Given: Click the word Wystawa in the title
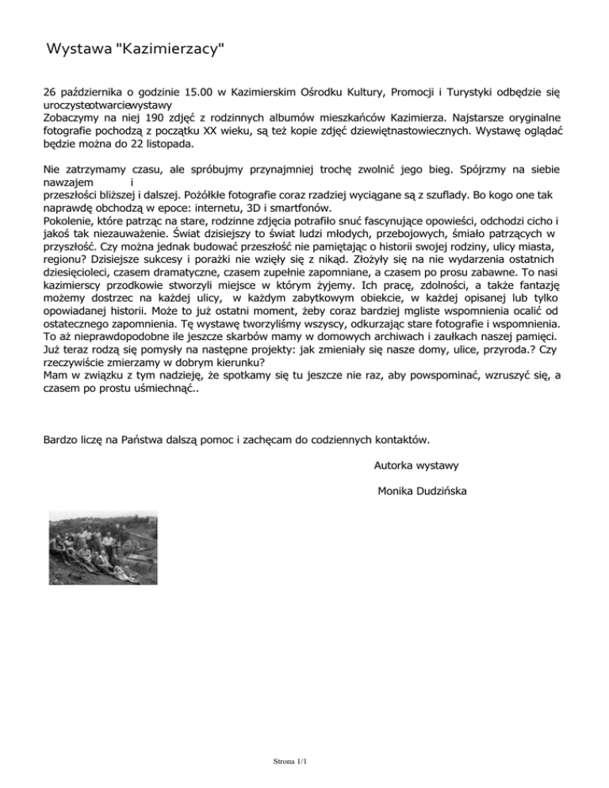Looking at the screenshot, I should click(79, 51).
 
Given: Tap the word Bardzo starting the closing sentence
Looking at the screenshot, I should click(63, 438).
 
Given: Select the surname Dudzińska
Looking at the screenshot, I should click(436, 492).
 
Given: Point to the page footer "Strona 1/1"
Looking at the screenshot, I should click(289, 763).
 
